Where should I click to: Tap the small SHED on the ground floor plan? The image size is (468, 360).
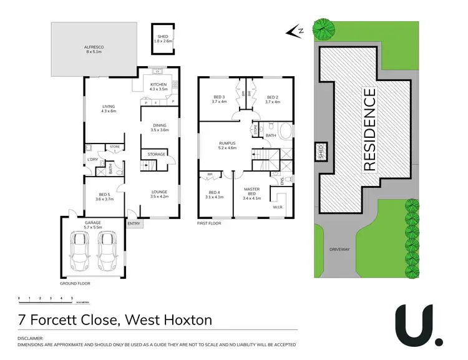pos(162,38)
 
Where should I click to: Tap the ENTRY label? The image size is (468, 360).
pos(134,223)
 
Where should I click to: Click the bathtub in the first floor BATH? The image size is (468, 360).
pos(285,132)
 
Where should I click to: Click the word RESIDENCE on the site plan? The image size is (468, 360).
pos(369,130)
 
